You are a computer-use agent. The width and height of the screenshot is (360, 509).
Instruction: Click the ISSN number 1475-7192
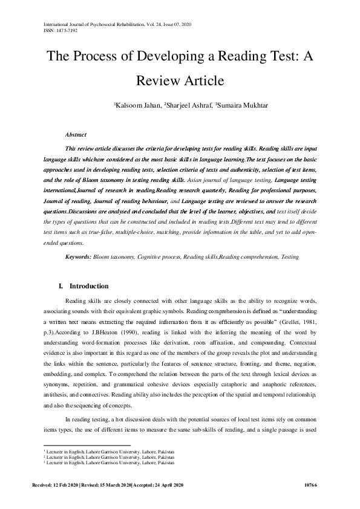[x=67, y=30]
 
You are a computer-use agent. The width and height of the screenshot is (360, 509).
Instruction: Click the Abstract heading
[x=76, y=134]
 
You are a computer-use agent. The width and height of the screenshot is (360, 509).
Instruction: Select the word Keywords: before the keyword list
[x=79, y=257]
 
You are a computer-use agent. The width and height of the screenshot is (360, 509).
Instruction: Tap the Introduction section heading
[x=89, y=286]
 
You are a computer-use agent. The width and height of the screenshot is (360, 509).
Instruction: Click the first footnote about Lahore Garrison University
[x=108, y=452]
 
